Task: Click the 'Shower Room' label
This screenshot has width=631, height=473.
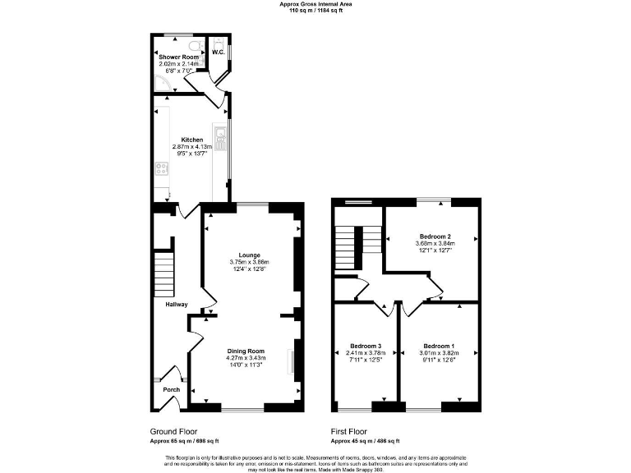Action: (174, 57)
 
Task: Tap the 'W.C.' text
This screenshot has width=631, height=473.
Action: (218, 53)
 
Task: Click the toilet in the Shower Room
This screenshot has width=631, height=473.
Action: (195, 45)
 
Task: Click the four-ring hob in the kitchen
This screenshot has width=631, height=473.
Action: (160, 170)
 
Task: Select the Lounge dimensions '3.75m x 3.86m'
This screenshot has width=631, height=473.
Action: (249, 262)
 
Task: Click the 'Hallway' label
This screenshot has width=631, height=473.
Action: (176, 305)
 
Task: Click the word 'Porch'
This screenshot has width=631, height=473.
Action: (171, 389)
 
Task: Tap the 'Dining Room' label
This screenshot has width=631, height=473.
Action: (246, 351)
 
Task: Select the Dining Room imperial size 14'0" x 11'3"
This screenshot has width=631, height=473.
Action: (246, 366)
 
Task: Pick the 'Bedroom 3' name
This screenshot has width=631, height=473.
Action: (365, 346)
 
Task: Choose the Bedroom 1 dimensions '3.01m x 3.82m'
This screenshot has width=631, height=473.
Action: (439, 353)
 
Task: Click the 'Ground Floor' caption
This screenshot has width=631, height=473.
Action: (173, 431)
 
